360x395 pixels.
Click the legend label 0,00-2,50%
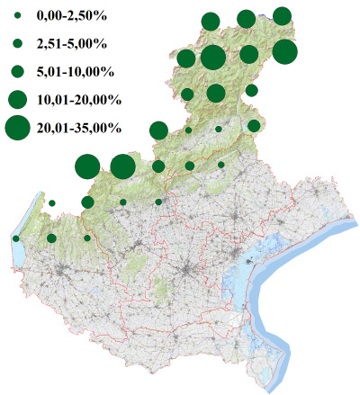67,16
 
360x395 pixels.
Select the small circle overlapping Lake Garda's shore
16,238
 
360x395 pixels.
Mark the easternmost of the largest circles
284,52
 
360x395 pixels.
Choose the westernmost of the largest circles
87,166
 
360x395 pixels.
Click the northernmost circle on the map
282,15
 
